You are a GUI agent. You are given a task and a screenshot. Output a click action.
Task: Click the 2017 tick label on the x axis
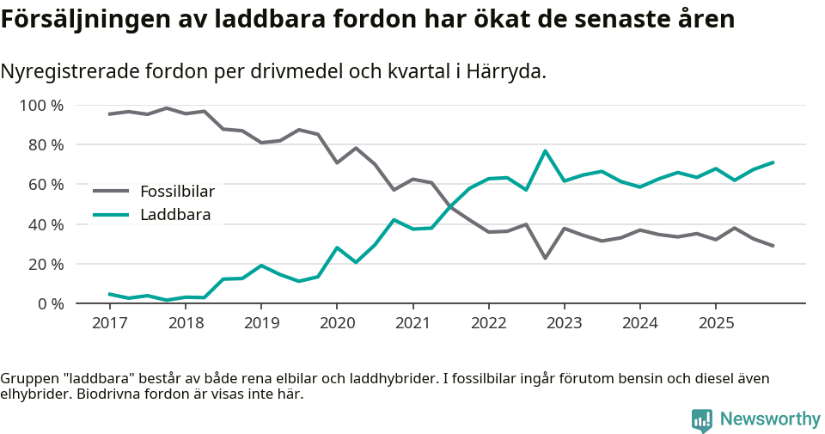tap(109, 323)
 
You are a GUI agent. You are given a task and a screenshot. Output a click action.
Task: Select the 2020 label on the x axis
tap(337, 323)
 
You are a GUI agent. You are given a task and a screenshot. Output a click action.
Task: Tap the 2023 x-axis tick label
tap(564, 323)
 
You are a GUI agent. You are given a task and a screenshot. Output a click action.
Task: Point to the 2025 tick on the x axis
tap(716, 323)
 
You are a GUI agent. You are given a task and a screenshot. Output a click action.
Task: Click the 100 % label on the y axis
tap(41, 106)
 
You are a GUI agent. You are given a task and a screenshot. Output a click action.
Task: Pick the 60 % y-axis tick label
tap(46, 185)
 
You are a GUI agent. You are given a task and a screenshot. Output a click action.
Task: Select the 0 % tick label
tap(50, 303)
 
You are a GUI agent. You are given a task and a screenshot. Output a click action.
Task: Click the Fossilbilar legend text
tap(177, 191)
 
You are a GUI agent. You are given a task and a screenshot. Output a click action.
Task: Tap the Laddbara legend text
tap(175, 214)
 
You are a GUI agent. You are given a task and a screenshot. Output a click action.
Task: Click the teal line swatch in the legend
tap(110, 214)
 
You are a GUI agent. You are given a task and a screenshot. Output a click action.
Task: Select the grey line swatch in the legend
tap(110, 191)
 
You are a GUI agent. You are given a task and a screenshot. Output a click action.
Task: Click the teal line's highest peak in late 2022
tap(546, 151)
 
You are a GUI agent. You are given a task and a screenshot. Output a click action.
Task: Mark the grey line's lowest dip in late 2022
tap(546, 258)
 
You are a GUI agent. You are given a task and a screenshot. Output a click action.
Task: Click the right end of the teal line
tap(773, 162)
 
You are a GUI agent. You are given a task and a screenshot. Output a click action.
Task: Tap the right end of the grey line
tap(773, 246)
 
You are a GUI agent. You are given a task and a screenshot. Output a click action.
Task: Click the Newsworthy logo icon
tap(701, 419)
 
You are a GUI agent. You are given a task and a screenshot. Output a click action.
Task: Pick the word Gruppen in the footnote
tap(29, 379)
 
